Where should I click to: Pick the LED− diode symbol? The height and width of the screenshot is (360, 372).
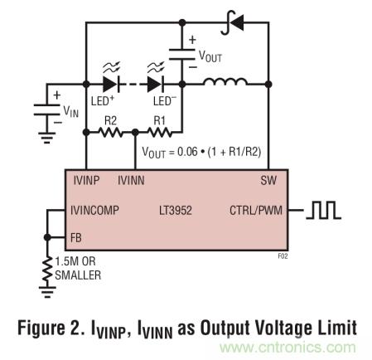click(x=155, y=83)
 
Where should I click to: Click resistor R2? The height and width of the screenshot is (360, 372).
click(x=110, y=131)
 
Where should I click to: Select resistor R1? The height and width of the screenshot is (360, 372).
click(x=158, y=131)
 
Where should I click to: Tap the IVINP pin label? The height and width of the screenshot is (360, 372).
click(x=85, y=178)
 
